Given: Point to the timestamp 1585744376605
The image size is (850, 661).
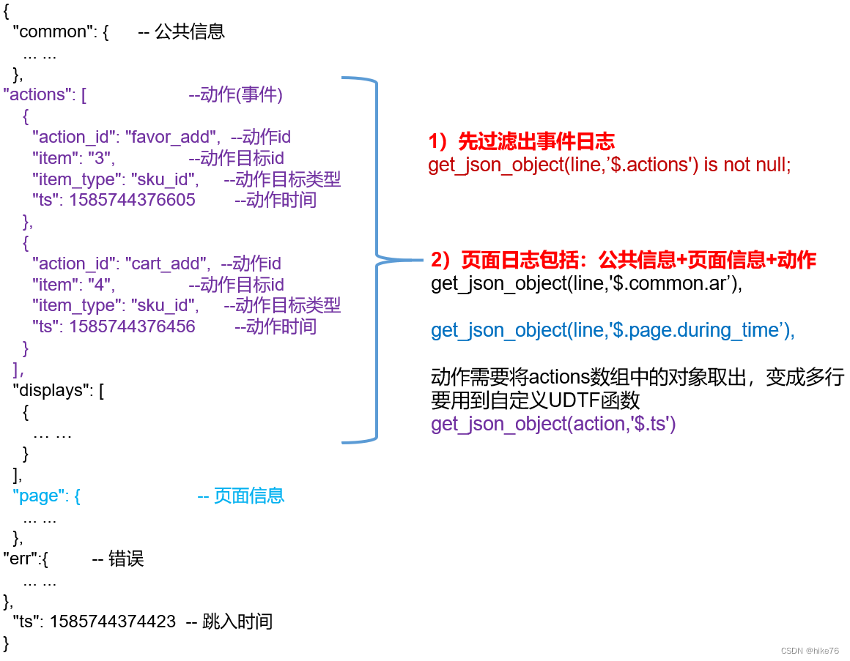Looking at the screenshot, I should [x=132, y=201].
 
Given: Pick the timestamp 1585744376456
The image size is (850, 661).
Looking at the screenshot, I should [x=132, y=326].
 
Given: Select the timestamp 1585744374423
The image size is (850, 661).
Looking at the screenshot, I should [x=113, y=622].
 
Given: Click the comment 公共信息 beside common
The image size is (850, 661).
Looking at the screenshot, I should [x=190, y=32].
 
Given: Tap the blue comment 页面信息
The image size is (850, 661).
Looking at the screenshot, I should [x=248, y=496].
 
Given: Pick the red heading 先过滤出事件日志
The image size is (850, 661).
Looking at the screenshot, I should [x=536, y=141].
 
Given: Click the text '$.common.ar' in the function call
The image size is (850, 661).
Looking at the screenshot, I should [x=673, y=283].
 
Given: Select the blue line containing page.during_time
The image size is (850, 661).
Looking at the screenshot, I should [x=613, y=330].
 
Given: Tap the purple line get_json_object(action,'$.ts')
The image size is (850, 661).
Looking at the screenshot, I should [x=553, y=424].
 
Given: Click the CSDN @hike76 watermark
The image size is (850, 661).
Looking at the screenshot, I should [x=810, y=651].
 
